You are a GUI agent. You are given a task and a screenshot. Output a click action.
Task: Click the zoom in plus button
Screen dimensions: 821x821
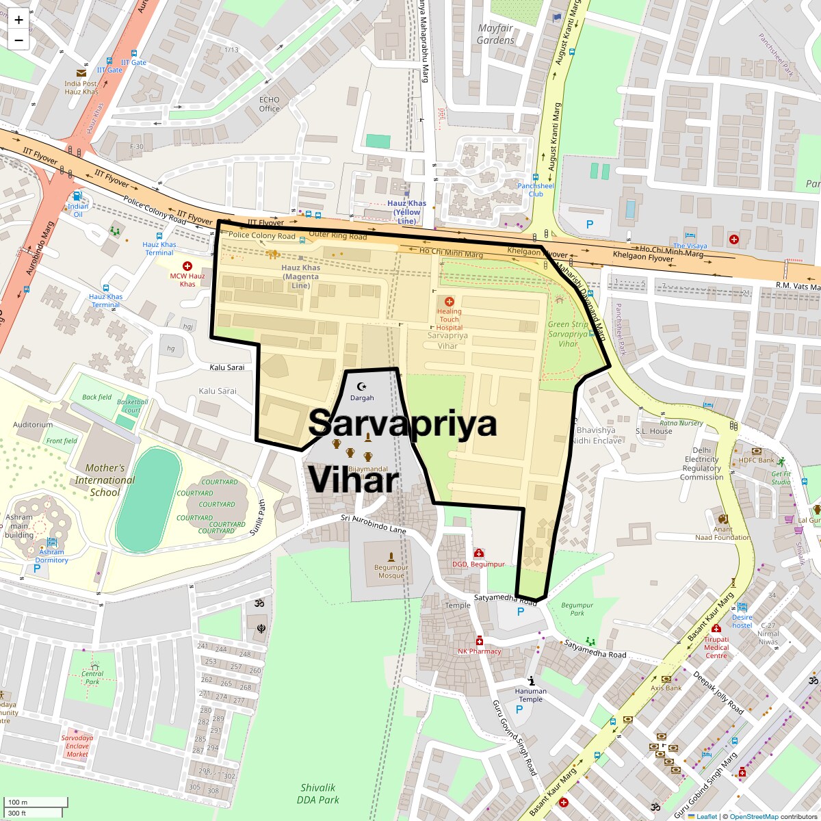tap(18, 20)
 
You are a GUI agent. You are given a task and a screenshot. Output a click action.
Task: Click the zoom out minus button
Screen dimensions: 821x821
tap(18, 40)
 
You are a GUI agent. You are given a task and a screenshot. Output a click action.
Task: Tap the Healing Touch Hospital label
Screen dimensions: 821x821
tap(449, 320)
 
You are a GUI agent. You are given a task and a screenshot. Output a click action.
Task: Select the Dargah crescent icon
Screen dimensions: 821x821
tap(362, 387)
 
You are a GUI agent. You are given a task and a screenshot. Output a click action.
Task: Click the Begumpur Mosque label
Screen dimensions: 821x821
tap(391, 571)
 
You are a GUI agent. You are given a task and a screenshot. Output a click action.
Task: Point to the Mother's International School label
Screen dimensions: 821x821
tap(105, 480)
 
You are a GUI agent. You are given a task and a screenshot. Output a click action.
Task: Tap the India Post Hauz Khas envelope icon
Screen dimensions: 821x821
tap(81, 73)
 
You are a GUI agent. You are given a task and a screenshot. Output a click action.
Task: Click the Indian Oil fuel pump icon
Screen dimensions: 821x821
tap(78, 196)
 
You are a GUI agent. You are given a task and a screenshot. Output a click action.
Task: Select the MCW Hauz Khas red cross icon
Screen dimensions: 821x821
tap(187, 265)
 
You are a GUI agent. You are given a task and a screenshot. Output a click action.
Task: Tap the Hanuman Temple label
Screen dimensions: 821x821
tap(531, 695)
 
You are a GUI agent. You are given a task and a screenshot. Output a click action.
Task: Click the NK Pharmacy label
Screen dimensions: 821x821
tap(480, 651)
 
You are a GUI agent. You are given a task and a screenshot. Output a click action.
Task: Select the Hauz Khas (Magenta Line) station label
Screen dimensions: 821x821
tap(301, 276)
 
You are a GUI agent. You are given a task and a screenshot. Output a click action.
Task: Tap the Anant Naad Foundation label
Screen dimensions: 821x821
tap(722, 533)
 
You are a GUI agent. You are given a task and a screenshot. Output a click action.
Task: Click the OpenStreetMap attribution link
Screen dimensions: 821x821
tap(754, 816)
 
